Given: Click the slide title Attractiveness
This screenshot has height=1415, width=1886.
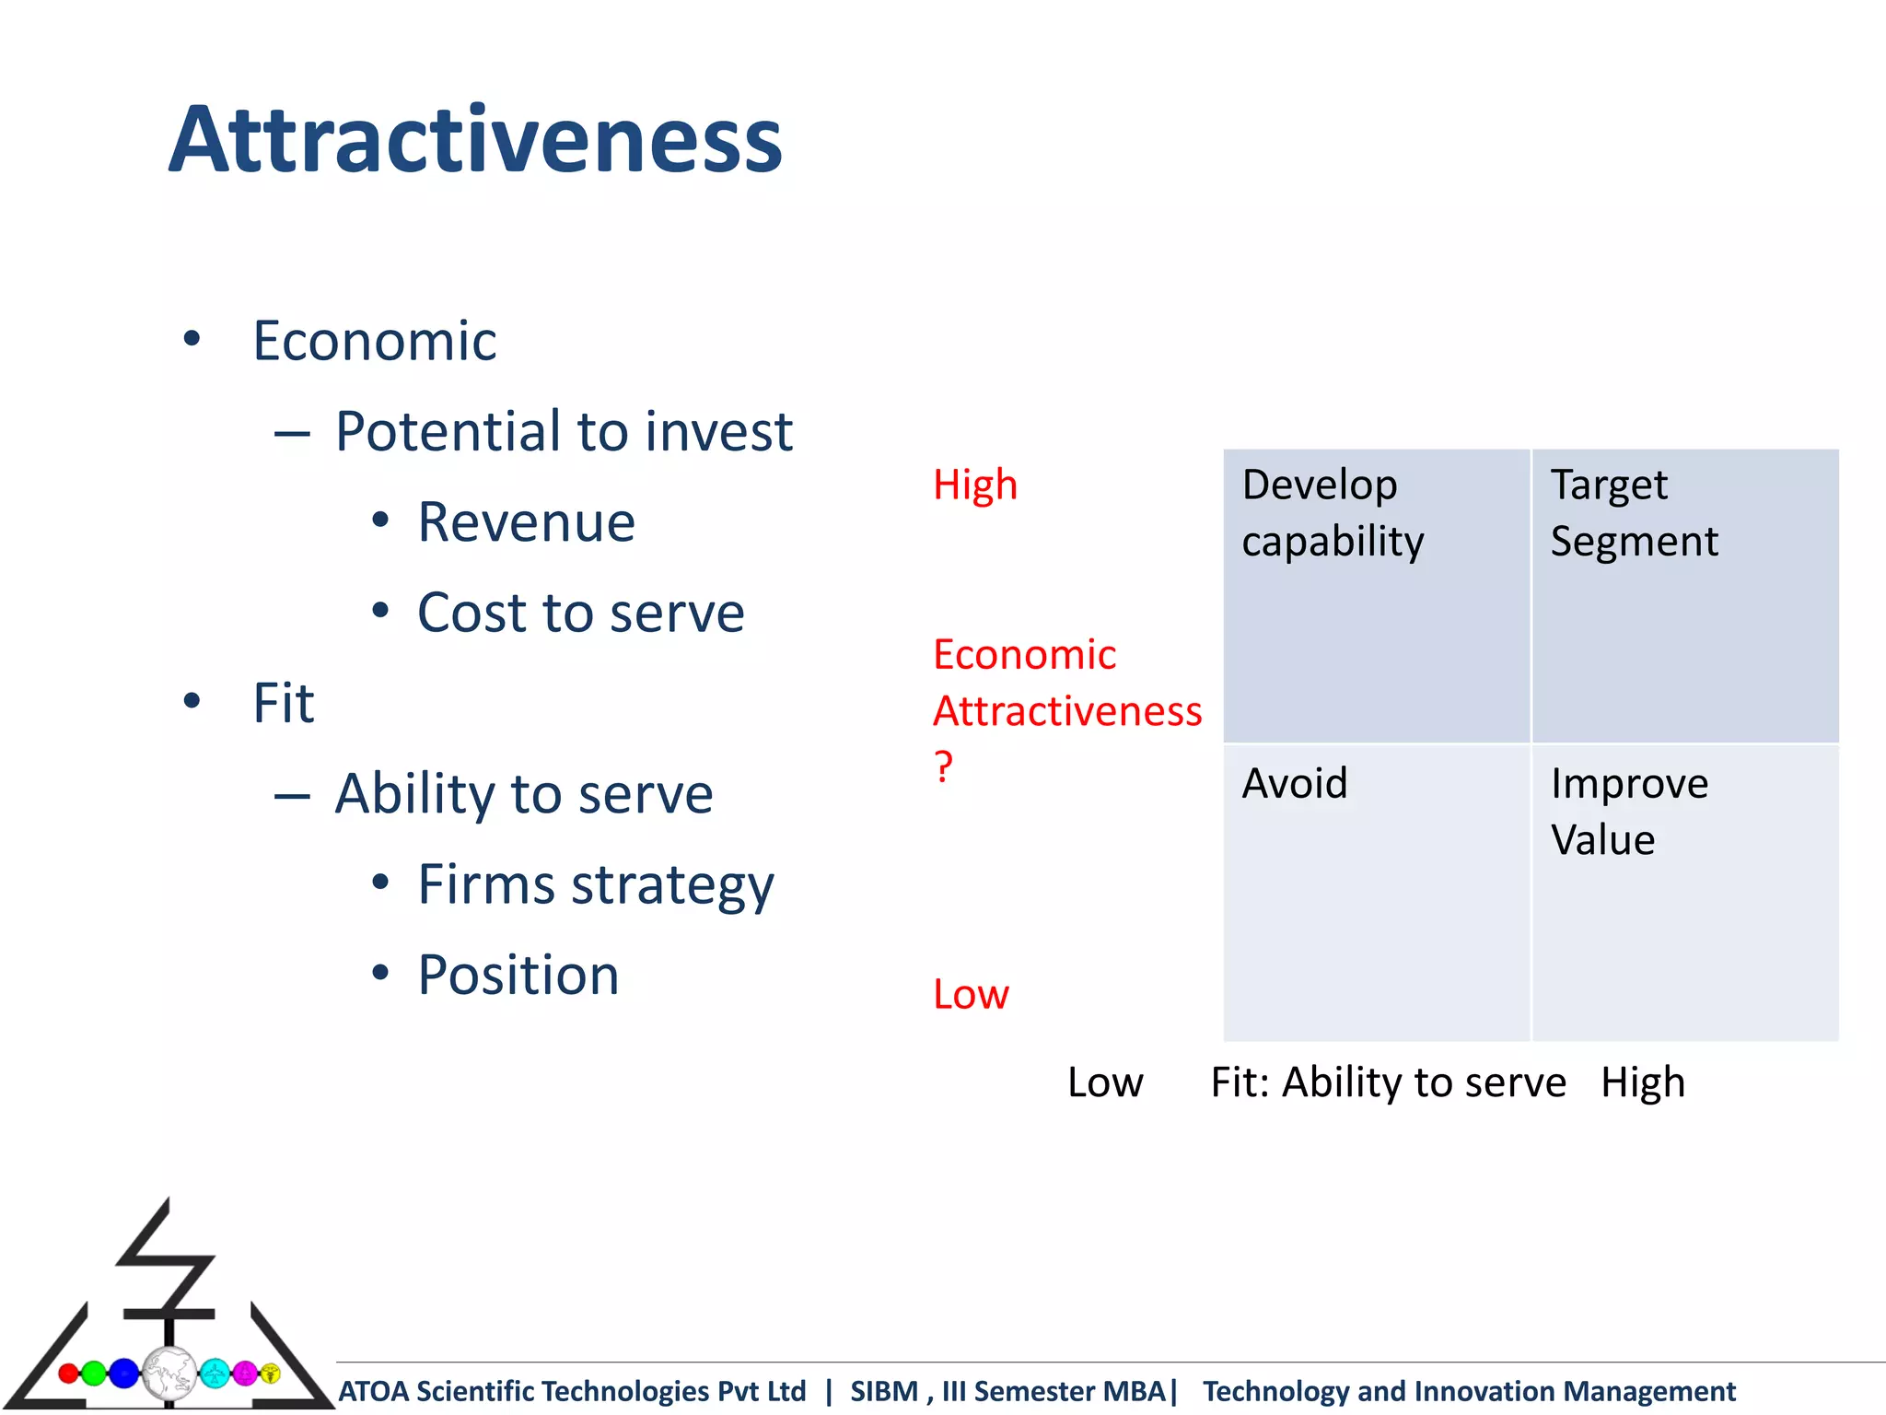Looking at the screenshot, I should [x=475, y=140].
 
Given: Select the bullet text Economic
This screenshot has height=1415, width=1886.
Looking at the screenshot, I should [x=374, y=341].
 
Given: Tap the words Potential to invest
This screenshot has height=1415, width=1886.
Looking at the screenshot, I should [x=563, y=431].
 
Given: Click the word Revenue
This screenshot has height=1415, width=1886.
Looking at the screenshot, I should [x=526, y=522].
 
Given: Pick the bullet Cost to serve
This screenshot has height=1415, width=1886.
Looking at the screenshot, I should [x=580, y=613].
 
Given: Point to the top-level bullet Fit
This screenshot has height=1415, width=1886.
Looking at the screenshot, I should [x=283, y=704].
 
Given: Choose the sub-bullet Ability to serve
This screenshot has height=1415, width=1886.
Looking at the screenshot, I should [x=523, y=794].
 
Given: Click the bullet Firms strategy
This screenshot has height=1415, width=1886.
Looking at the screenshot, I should [x=595, y=885].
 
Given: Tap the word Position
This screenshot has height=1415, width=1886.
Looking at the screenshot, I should [x=518, y=975].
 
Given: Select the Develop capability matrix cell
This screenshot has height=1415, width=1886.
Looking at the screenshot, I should [x=1376, y=595].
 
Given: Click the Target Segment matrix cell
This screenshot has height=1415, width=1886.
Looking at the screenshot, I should [x=1684, y=595].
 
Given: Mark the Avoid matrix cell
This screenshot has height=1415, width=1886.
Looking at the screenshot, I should [x=1376, y=892].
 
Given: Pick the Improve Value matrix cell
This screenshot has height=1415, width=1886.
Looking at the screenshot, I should [x=1684, y=892].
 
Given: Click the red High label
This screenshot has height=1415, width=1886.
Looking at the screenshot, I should [x=974, y=485].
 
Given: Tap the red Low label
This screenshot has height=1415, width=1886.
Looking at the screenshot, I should [x=971, y=995].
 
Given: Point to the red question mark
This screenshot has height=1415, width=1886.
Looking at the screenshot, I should [x=943, y=766].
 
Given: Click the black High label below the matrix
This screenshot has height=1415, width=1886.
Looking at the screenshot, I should [x=1642, y=1082].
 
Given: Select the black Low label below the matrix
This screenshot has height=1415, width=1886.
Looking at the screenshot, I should [x=1105, y=1082].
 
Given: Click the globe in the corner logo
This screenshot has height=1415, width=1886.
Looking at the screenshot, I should [x=169, y=1373].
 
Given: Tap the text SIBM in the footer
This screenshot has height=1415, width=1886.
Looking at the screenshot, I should [x=883, y=1391].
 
